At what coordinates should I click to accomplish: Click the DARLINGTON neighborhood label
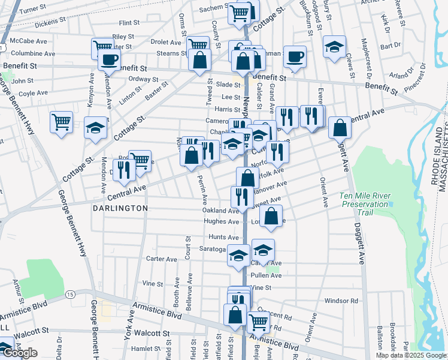[120, 208]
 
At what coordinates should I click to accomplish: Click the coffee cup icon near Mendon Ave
[109, 59]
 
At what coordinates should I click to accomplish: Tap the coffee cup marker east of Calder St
[295, 57]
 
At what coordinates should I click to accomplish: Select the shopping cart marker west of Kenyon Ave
[61, 122]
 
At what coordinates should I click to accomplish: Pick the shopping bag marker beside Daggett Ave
[340, 127]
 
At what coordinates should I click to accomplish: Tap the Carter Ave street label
[162, 259]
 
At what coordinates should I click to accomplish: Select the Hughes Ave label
[222, 221]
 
